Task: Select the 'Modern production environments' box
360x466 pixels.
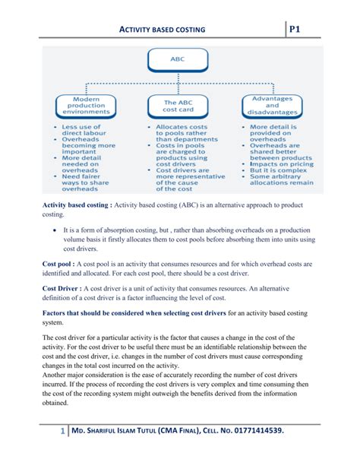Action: [x=86, y=105]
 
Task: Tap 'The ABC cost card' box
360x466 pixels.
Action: [x=177, y=106]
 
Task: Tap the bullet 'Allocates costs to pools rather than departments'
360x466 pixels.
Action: [x=182, y=133]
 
